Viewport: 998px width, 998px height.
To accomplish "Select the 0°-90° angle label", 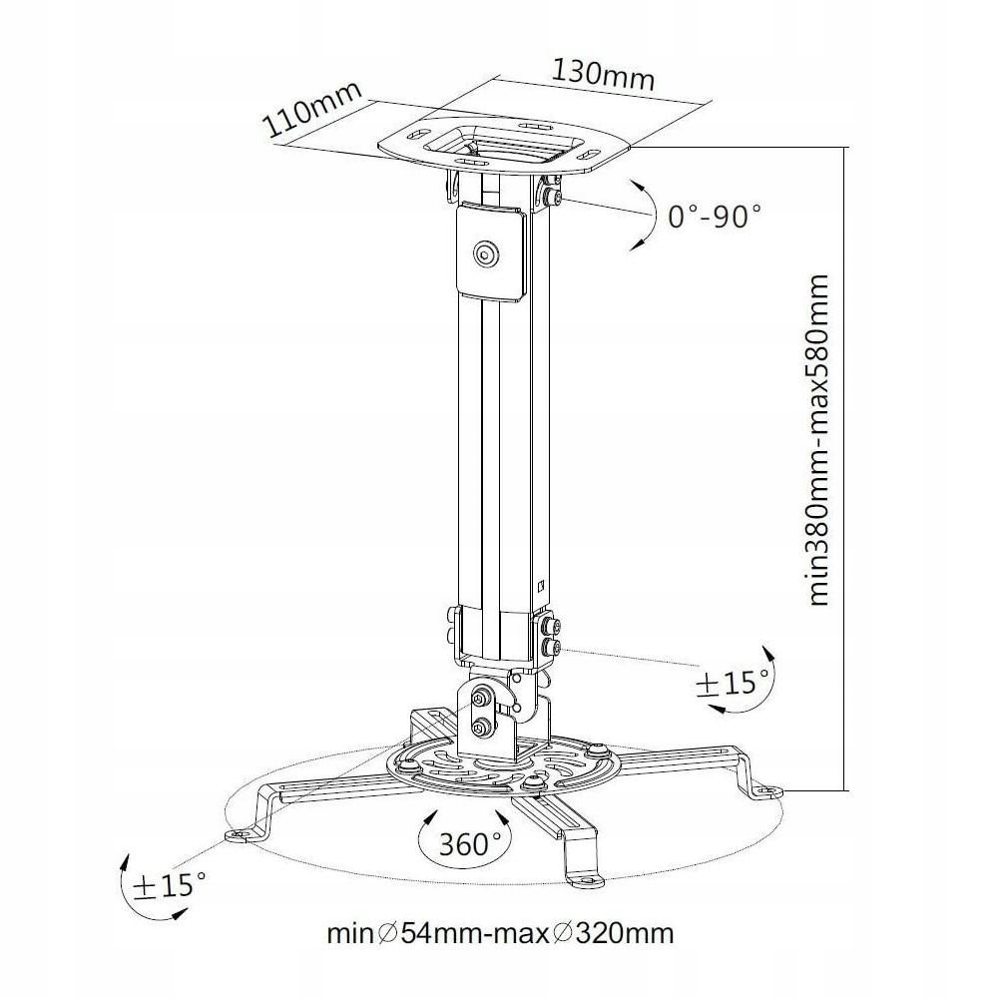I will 715,216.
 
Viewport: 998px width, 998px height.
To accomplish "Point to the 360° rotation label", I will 469,843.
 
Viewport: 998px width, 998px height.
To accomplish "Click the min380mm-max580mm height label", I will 818,439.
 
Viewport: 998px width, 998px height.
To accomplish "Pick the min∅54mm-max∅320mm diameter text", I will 500,934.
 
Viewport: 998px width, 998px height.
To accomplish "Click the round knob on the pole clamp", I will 487,253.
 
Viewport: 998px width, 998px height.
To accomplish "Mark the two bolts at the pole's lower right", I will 551,636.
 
